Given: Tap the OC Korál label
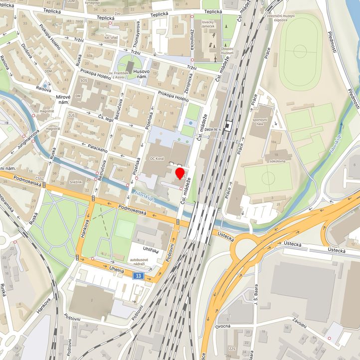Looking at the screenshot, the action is point(157,159).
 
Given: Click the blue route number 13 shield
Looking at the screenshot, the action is point(137,276).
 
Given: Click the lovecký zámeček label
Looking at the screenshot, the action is point(211,24).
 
